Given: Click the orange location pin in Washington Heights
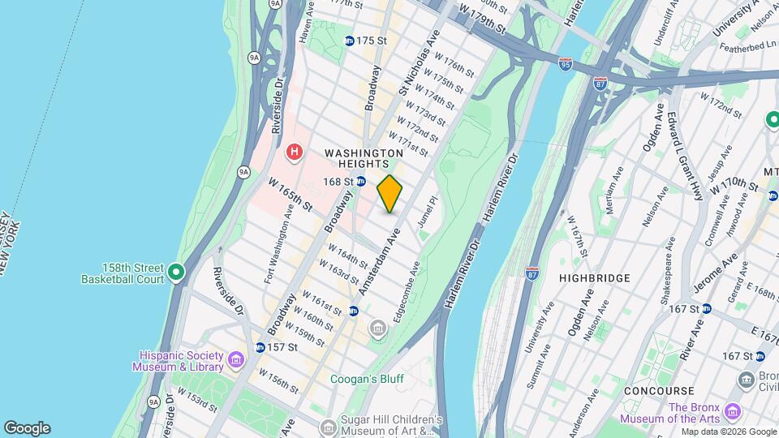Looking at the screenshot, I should (390, 194).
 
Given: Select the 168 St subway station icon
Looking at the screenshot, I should (361, 182).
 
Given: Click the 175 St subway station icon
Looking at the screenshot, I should (349, 41).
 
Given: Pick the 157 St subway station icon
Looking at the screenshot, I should (259, 347).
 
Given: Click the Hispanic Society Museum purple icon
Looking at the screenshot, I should (235, 359).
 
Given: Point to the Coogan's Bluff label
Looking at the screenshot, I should (367, 379).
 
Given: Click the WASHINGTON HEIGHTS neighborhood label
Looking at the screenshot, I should (364, 158).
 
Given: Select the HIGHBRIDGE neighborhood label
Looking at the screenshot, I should (595, 278).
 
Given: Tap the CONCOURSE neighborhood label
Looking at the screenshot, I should (658, 391).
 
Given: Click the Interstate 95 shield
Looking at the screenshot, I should (565, 62).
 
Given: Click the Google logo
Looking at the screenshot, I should (27, 428).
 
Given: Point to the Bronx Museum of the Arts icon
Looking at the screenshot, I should (733, 410).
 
